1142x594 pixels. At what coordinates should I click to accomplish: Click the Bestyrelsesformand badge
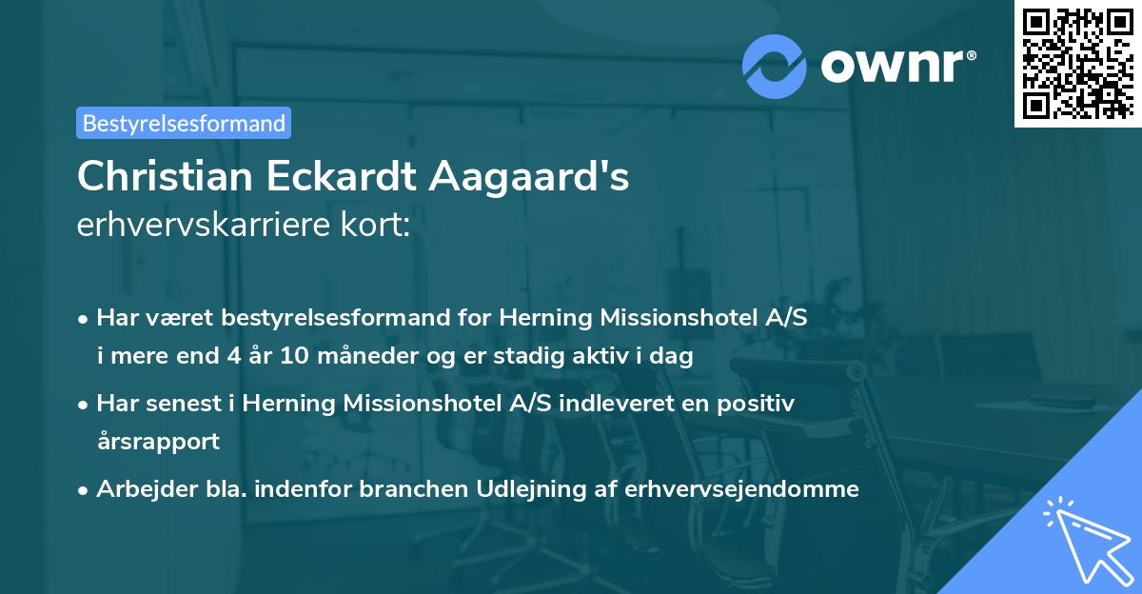pyautogui.click(x=184, y=123)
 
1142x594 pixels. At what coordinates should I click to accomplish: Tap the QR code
pyautogui.click(x=1075, y=63)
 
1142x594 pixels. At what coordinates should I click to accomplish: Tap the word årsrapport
pyautogui.click(x=158, y=442)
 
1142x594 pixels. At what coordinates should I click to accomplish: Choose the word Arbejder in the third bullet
pyautogui.click(x=139, y=488)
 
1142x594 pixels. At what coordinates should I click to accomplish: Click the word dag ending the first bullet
pyautogui.click(x=674, y=357)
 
